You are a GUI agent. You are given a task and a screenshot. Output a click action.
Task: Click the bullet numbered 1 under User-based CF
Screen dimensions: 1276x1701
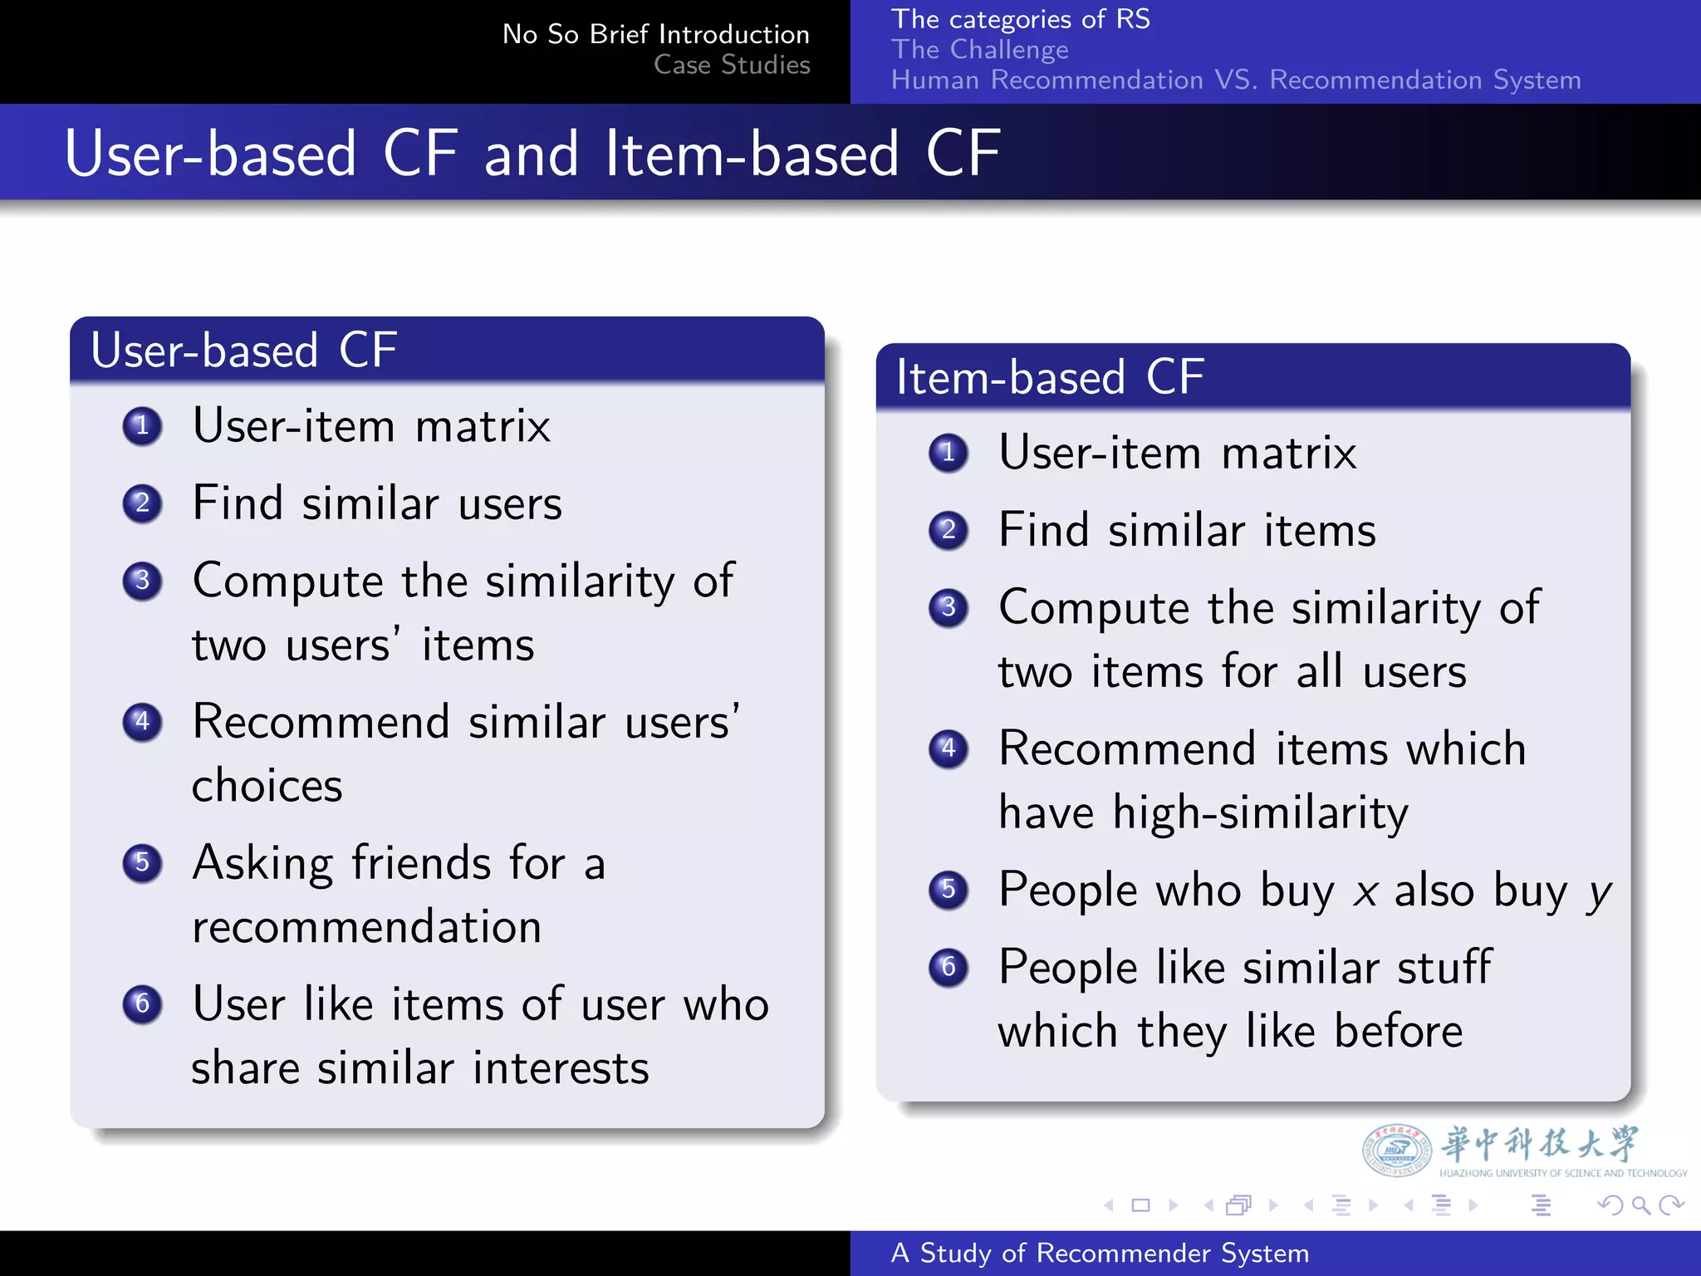[x=142, y=426]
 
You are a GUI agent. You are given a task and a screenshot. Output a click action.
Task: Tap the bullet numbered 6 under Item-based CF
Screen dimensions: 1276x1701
[x=949, y=967]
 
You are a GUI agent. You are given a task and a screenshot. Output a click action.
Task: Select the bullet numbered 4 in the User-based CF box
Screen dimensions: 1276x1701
[x=142, y=721]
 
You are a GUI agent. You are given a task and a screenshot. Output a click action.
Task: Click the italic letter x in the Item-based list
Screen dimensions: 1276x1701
[x=1365, y=892]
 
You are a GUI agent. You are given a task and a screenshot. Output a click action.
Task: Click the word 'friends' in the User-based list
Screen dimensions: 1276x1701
[x=421, y=862]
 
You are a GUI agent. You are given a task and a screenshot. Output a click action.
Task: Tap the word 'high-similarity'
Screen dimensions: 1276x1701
[x=1260, y=812]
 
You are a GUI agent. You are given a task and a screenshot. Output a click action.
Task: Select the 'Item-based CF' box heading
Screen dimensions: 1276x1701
[x=1050, y=377]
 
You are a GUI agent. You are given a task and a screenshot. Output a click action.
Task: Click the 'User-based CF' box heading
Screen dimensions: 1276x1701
[x=243, y=350]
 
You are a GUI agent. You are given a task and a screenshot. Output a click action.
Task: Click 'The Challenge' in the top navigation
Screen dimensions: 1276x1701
[x=979, y=49]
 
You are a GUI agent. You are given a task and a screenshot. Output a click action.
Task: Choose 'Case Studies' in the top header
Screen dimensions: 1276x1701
[x=731, y=64]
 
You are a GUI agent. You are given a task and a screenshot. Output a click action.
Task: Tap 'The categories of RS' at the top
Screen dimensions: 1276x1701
[x=1020, y=18]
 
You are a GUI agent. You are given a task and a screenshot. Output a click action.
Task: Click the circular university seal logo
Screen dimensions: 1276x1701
[x=1396, y=1150]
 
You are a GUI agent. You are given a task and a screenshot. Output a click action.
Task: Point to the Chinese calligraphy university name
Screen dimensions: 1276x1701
[x=1540, y=1144]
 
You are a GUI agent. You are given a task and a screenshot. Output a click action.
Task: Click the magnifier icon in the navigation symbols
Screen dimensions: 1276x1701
[x=1640, y=1205]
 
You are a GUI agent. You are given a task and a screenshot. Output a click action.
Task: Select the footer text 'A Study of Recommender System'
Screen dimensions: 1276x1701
[x=1100, y=1253]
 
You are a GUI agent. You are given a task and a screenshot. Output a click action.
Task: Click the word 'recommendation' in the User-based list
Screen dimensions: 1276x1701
[x=366, y=927]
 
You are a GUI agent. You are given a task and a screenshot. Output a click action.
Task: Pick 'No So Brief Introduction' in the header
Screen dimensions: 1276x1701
[x=655, y=34]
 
